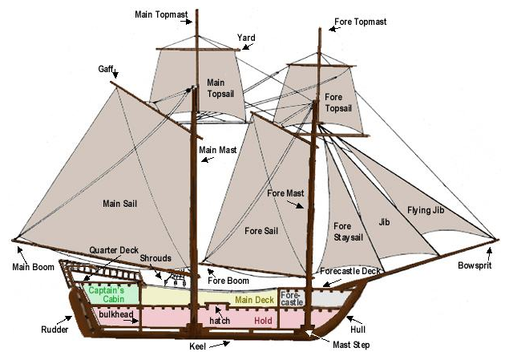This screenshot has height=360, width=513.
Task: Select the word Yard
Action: (246, 37)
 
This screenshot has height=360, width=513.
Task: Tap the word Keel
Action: (200, 347)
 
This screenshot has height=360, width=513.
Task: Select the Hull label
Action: (357, 329)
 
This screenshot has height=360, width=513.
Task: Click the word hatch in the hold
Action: (219, 320)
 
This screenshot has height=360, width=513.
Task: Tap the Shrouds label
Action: (156, 258)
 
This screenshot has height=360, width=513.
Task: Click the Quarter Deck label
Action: (114, 249)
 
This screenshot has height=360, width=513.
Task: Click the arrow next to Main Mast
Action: (208, 159)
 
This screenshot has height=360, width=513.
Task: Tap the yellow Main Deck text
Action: (255, 300)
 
